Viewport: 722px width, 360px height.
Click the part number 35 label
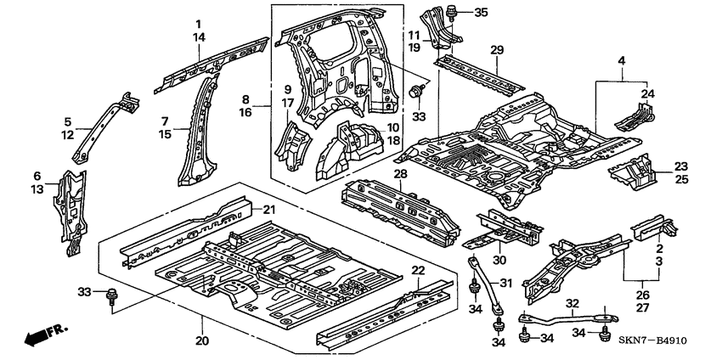482,12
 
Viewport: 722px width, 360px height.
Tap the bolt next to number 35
452,12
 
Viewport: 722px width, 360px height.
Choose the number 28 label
398,174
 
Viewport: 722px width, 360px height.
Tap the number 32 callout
573,303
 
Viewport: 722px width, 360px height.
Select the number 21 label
269,210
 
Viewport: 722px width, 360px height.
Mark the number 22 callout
418,270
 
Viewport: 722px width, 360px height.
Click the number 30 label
499,260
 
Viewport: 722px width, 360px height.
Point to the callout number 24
649,93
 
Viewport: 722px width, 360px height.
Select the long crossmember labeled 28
399,208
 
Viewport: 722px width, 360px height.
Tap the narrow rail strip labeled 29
481,71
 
